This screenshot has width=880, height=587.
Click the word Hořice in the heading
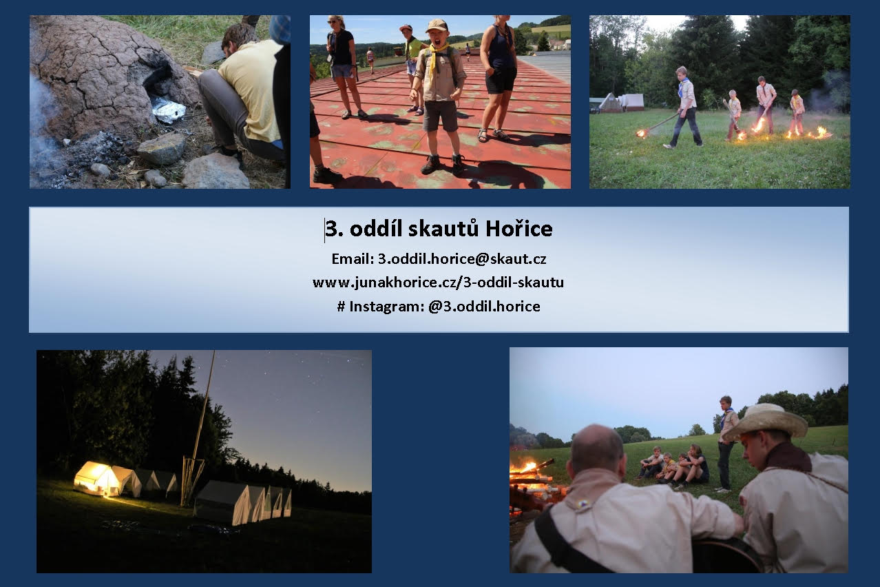tap(519, 229)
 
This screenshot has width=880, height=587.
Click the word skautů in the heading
tap(443, 229)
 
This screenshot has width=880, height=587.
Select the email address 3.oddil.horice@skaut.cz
tap(462, 258)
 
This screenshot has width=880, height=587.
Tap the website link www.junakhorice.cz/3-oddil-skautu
tap(438, 282)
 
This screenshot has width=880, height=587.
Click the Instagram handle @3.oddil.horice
tap(484, 307)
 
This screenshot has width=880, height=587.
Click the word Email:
tap(353, 258)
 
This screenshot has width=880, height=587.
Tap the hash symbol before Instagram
tap(341, 307)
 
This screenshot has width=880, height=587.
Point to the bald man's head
tap(596, 449)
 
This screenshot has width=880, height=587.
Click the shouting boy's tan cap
tap(437, 25)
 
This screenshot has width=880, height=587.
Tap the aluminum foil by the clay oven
tap(168, 110)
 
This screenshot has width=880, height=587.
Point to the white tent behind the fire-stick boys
tap(625, 102)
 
